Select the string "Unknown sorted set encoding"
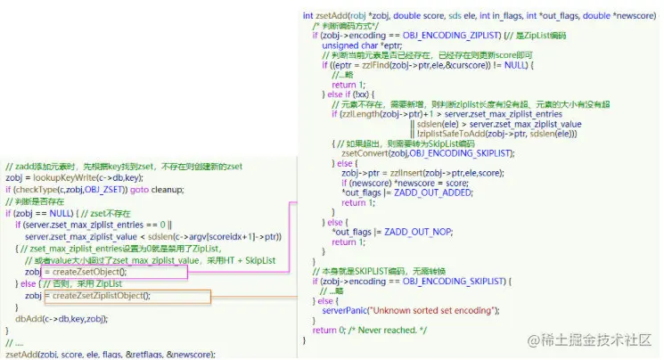pyautogui.click(x=424, y=310)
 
